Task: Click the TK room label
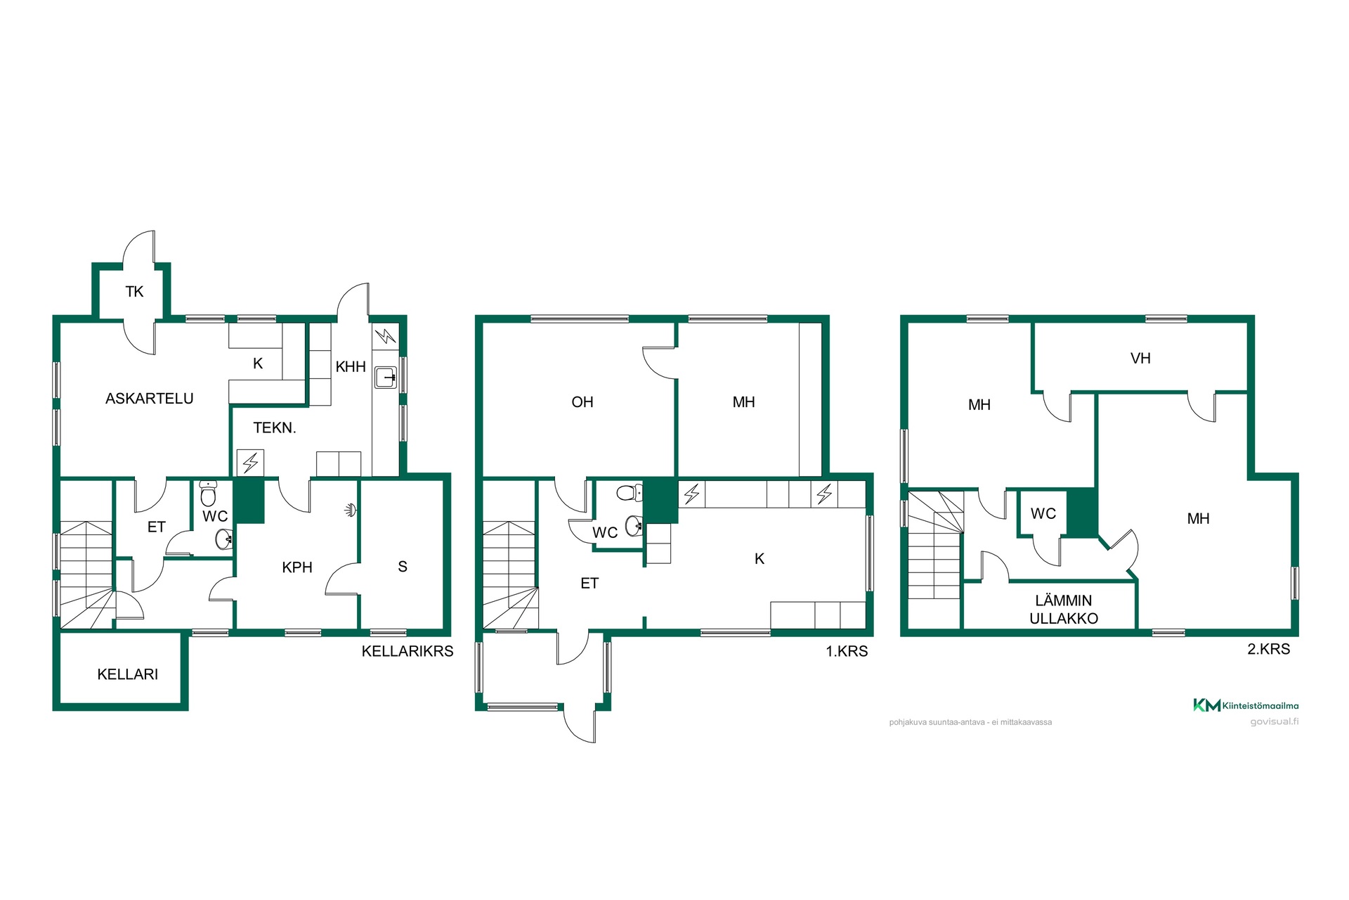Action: click(134, 292)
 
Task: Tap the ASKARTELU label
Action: click(150, 399)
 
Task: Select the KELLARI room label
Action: click(128, 674)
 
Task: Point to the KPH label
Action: click(297, 567)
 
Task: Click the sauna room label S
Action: click(403, 567)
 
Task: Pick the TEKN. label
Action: click(275, 428)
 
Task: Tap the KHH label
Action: click(351, 366)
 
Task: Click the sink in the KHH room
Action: click(386, 378)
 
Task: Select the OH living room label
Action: click(582, 402)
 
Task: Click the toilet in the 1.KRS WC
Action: click(630, 492)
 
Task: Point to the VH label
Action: click(1140, 359)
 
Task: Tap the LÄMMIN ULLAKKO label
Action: click(1064, 610)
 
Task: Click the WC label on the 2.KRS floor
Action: click(1043, 514)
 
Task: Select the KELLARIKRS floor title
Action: click(408, 651)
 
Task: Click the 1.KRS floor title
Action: click(847, 651)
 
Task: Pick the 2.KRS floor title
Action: click(1269, 649)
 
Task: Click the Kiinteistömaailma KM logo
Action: click(1246, 705)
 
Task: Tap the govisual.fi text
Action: click(1274, 722)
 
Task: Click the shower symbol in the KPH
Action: click(351, 510)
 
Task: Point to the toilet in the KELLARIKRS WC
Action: click(208, 494)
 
